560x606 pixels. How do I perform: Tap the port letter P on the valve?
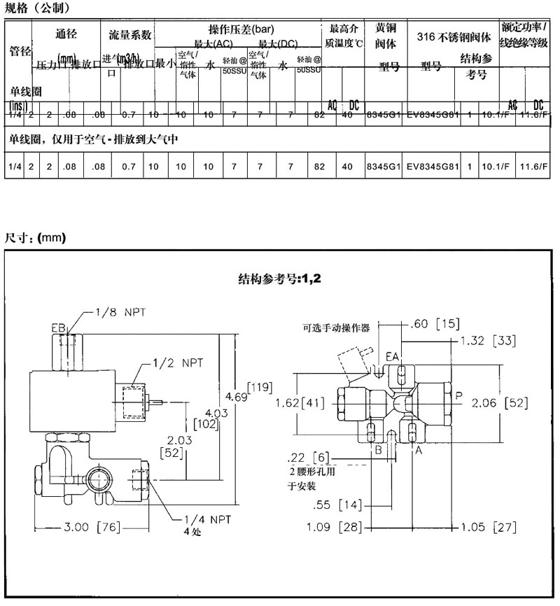458,396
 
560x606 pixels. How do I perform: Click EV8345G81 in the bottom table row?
433,167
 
